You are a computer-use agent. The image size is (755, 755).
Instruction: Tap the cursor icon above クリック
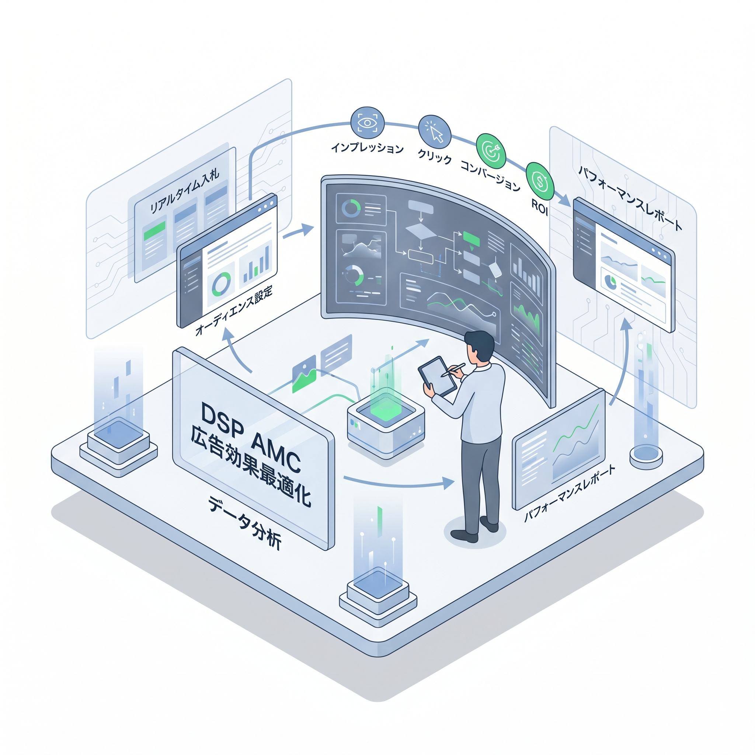[435, 131]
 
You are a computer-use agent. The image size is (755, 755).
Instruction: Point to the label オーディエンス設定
[234, 310]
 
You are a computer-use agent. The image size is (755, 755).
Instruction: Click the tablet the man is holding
[437, 376]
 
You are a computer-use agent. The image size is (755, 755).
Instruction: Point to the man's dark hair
[480, 344]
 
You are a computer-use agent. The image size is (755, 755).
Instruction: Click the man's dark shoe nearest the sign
[464, 535]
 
